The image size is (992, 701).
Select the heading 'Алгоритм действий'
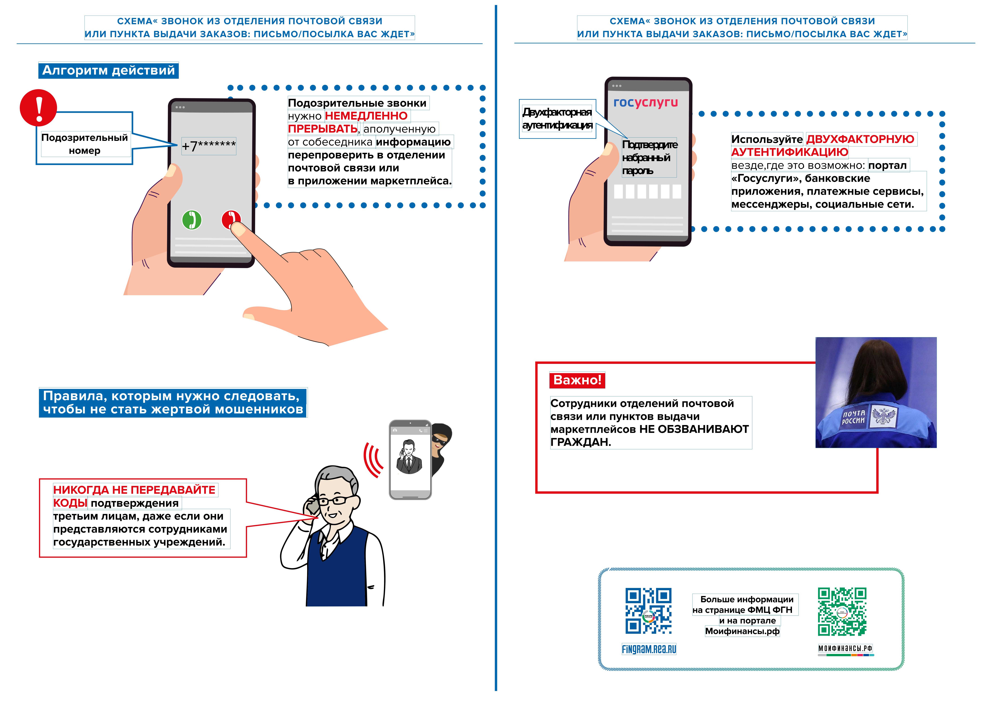click(108, 70)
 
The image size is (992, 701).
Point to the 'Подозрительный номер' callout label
click(85, 144)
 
